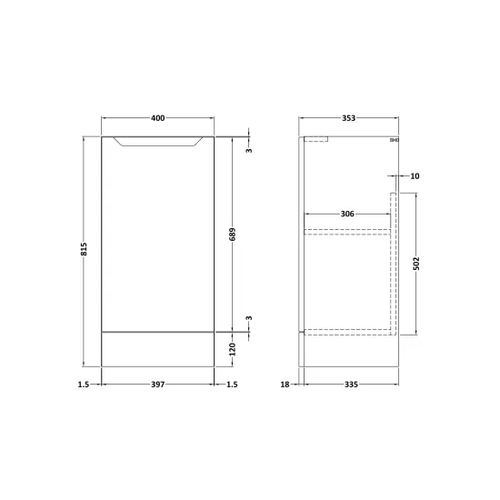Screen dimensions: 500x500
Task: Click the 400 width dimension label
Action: (x=158, y=118)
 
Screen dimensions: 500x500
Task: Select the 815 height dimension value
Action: (x=84, y=249)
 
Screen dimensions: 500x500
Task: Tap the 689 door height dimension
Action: (x=233, y=235)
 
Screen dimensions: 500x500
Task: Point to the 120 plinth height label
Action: (x=233, y=349)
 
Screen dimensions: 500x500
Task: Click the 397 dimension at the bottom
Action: (x=158, y=385)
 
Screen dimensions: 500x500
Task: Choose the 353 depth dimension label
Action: (x=348, y=118)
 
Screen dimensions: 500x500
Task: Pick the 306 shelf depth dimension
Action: (x=347, y=214)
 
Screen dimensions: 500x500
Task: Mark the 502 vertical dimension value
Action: (x=416, y=264)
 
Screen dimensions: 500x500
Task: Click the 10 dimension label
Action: (x=415, y=176)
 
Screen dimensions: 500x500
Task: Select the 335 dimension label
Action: (x=351, y=385)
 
